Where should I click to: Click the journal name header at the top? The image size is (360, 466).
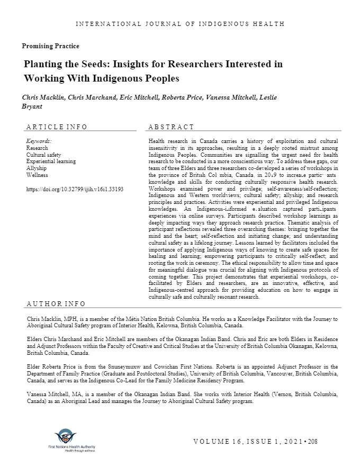click(180, 24)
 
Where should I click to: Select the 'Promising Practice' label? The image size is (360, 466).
click(51, 46)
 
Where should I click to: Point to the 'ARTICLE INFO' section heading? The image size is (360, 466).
click(57, 127)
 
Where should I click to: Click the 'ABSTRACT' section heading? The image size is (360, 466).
click(171, 127)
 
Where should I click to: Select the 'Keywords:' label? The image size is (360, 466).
click(39, 141)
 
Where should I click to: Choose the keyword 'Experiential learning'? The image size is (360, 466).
click(51, 162)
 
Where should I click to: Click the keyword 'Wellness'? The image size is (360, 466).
click(37, 175)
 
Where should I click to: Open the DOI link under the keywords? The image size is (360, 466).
click(75, 189)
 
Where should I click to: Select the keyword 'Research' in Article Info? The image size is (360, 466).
click(37, 148)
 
